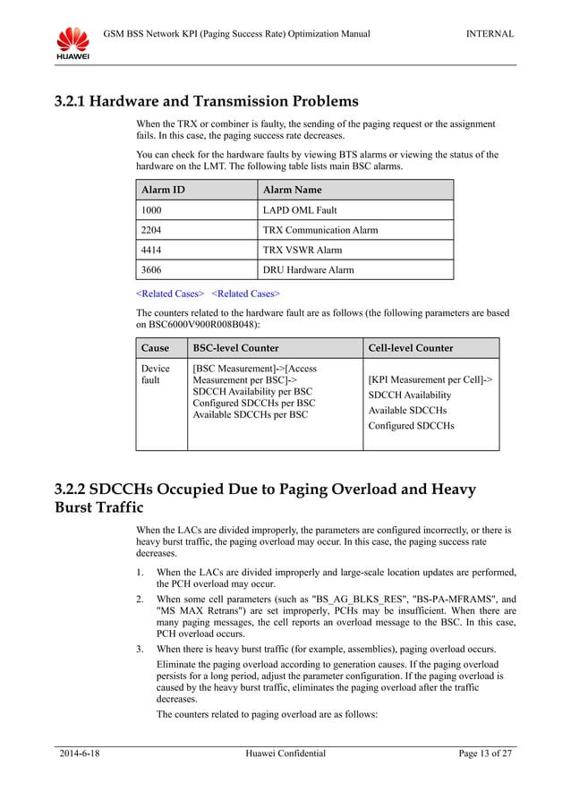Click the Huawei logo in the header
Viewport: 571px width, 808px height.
click(73, 43)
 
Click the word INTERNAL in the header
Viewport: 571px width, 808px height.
click(490, 34)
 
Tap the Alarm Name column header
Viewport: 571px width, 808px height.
click(292, 190)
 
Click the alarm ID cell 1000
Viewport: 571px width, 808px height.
click(152, 210)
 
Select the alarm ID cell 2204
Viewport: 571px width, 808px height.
click(152, 230)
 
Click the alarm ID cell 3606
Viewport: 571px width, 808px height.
click(152, 269)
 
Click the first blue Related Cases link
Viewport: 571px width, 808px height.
click(170, 293)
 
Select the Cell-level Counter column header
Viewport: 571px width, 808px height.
click(411, 347)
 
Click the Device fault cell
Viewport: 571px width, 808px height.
click(156, 375)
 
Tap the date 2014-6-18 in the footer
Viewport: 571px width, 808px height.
click(79, 753)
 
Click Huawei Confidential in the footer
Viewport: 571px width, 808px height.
click(285, 753)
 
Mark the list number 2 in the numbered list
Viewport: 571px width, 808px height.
click(139, 597)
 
